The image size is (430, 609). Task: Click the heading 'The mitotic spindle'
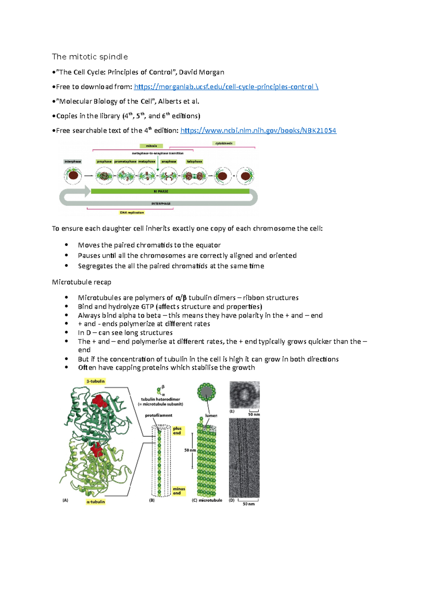pos(90,57)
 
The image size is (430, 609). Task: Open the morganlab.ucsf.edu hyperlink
pos(226,87)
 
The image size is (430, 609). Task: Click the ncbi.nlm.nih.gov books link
pos(258,131)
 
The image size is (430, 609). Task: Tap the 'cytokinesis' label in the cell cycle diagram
pos(224,143)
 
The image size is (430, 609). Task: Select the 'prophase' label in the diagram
pos(104,162)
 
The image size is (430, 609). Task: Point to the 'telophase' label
pos(195,162)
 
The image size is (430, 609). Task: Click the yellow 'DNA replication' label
pos(132,213)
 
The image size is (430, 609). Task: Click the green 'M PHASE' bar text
pos(161,192)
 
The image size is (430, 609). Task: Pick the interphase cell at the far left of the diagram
pos(73,176)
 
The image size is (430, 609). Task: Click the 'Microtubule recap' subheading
pos(82,282)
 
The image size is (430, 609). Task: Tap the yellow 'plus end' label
pos(177,431)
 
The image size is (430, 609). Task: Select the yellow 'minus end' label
pos(179,491)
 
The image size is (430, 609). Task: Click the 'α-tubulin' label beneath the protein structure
pos(96,502)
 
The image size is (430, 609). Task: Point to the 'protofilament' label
pos(158,415)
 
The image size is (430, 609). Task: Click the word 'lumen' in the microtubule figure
pos(211,416)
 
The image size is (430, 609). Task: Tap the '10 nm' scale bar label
pos(254,414)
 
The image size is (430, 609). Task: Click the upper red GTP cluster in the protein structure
pos(99,401)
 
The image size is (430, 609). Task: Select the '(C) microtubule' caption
pos(207,500)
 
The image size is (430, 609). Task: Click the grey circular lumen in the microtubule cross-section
pos(206,392)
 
